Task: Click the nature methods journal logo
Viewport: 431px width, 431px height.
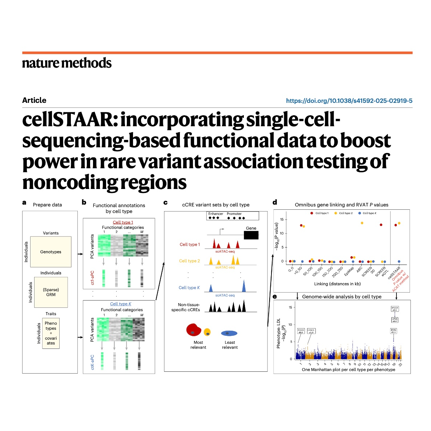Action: [x=67, y=63]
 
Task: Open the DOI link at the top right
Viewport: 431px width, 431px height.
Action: [x=349, y=101]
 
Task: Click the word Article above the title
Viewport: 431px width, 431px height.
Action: [x=34, y=100]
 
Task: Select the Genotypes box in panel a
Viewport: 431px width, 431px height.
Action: [x=51, y=252]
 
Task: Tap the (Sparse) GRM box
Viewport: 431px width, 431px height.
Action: [x=51, y=292]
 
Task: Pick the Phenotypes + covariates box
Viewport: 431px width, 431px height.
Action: [x=51, y=333]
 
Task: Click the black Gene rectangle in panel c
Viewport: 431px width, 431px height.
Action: [x=251, y=235]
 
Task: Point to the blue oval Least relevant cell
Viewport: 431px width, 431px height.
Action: [x=229, y=333]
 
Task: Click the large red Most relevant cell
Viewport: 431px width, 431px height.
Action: [x=193, y=329]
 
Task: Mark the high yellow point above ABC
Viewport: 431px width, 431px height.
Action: [x=362, y=223]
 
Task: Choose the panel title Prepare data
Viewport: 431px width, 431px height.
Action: [x=47, y=205]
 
